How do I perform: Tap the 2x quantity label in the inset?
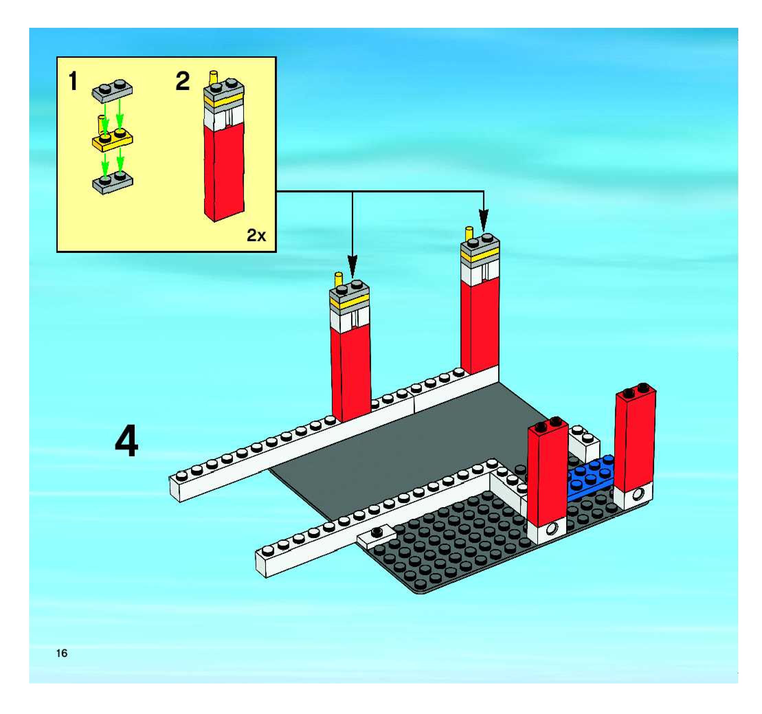pos(256,235)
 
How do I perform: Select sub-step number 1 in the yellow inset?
pos(72,82)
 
